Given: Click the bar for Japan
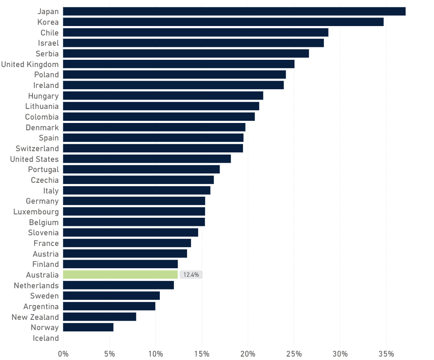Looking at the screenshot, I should (234, 12).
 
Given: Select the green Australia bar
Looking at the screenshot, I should (120, 275).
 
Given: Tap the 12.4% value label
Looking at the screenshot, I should (191, 275).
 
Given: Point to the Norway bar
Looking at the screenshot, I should (88, 328).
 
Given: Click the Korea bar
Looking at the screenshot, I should (223, 22).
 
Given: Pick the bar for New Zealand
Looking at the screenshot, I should (100, 317).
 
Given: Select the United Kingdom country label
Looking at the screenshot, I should (30, 64).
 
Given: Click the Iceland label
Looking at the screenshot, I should (46, 338).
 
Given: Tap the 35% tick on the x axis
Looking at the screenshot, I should (386, 354).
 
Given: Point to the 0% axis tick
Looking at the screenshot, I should (63, 354).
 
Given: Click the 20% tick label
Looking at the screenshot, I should (248, 354).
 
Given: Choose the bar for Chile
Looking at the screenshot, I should (196, 32).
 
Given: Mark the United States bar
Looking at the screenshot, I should (147, 159).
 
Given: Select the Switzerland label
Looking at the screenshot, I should (37, 149).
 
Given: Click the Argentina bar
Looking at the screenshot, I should (109, 306).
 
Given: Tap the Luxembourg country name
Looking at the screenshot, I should (36, 212).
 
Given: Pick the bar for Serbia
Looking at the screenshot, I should (186, 53).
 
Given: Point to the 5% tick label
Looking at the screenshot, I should (109, 354).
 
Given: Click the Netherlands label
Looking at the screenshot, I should (36, 285).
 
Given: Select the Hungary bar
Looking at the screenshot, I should (163, 96).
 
